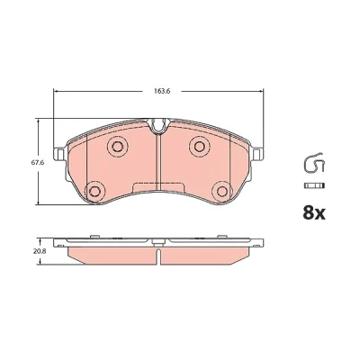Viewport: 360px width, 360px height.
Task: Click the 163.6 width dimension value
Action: click(162, 91)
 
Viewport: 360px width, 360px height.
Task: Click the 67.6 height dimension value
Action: click(37, 163)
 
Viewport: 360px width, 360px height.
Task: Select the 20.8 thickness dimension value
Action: click(40, 251)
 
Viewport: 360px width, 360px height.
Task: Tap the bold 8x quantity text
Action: click(314, 213)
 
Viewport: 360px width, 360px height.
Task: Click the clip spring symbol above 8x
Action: click(314, 163)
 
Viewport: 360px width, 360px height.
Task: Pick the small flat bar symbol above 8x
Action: click(314, 185)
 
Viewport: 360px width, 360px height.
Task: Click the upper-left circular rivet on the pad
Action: click(117, 146)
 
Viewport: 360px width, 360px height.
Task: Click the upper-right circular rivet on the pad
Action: click(199, 146)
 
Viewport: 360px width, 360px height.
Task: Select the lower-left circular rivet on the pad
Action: click(94, 191)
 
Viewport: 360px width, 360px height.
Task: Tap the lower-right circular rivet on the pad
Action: click(222, 191)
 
